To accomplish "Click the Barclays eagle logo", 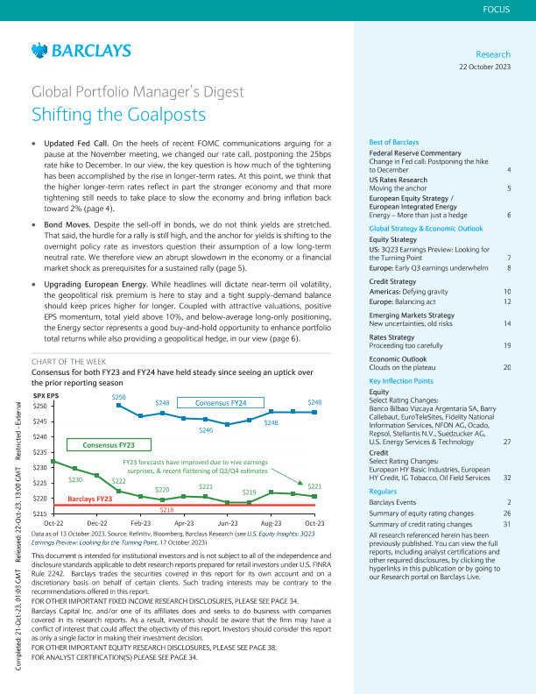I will tap(38, 52).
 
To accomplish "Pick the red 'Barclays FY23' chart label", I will tap(90, 499).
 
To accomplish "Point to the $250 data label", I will tap(119, 397).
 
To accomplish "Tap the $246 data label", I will tap(206, 430).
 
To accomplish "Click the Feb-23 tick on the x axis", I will tap(140, 522).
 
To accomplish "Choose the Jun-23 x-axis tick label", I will tap(229, 522).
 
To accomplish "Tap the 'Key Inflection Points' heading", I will tap(401, 382).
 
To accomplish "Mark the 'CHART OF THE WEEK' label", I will tap(68, 361).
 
